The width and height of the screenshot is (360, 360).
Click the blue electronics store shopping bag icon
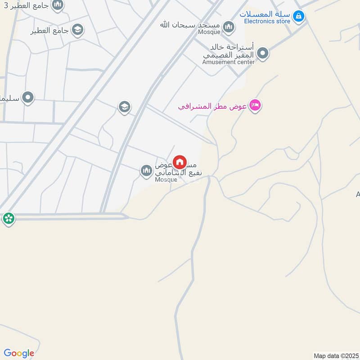pyautogui.click(x=298, y=17)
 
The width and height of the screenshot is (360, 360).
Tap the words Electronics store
pyautogui.click(x=267, y=21)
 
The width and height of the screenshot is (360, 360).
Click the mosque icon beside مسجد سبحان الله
pyautogui.click(x=229, y=27)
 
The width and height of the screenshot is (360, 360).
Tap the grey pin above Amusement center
pyautogui.click(x=263, y=54)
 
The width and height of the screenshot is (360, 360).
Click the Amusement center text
pyautogui.click(x=228, y=62)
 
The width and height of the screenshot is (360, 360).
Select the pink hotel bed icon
pyautogui.click(x=255, y=106)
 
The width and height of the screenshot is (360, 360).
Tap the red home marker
pyautogui.click(x=180, y=162)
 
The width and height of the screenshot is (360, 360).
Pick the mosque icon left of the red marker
pyautogui.click(x=146, y=171)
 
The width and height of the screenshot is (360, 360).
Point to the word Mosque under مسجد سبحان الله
pyautogui.click(x=209, y=32)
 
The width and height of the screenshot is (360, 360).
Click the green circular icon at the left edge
pyautogui.click(x=8, y=219)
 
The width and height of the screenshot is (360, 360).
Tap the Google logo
pyautogui.click(x=18, y=353)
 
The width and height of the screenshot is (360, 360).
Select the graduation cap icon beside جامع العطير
pyautogui.click(x=77, y=30)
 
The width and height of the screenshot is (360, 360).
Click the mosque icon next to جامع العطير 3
pyautogui.click(x=57, y=5)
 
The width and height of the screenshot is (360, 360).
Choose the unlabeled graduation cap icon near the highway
pyautogui.click(x=124, y=107)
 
